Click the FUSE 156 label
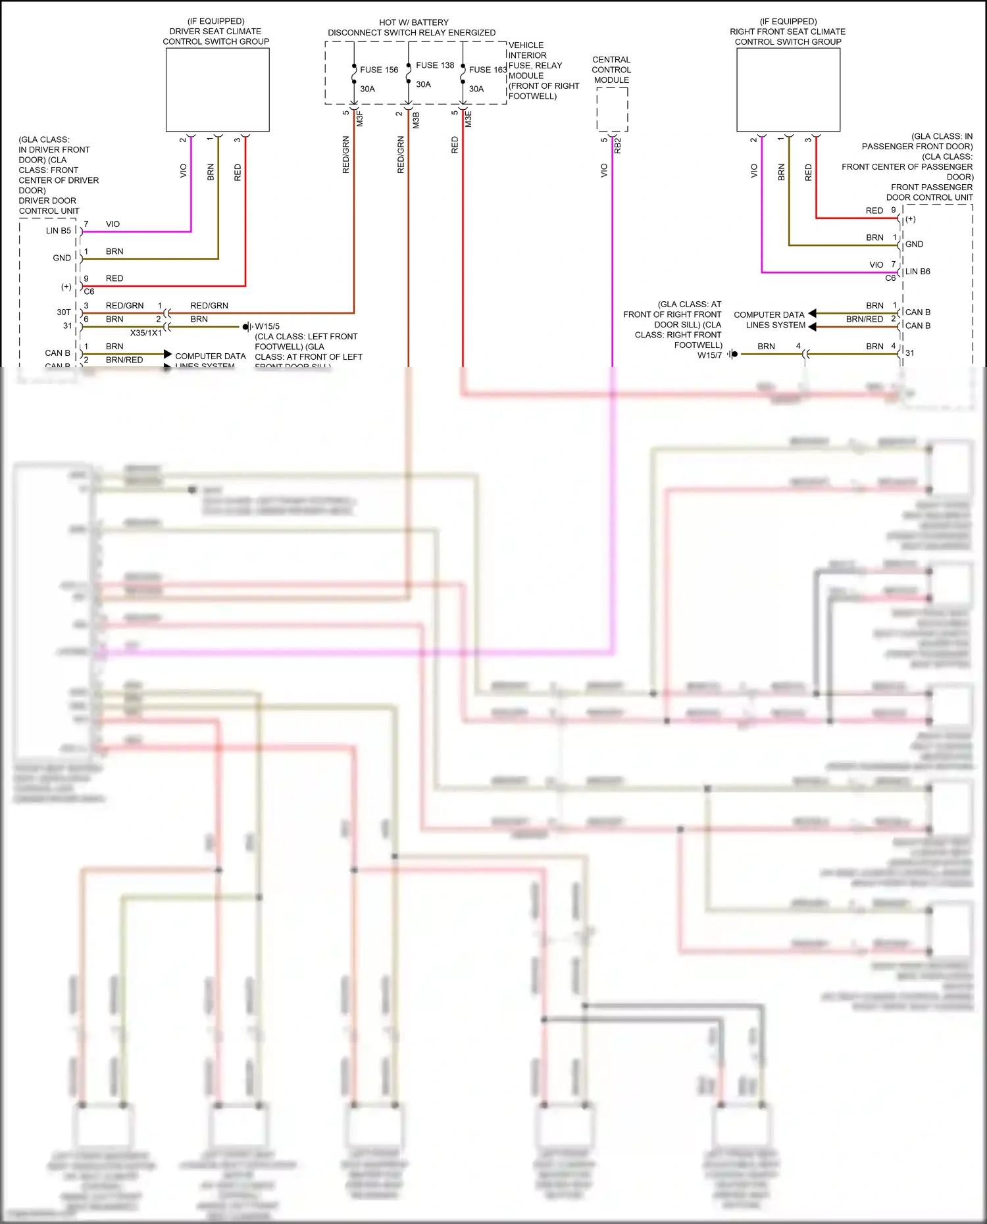[x=379, y=70]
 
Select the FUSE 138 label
[x=435, y=65]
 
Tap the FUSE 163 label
[x=488, y=70]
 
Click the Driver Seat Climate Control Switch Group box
[x=217, y=90]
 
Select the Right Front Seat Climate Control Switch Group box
[x=788, y=90]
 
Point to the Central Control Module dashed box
[x=612, y=109]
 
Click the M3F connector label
[x=360, y=119]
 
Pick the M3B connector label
[x=416, y=120]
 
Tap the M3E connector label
[x=468, y=119]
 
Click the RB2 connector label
[x=618, y=146]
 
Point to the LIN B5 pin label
[x=59, y=231]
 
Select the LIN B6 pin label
[x=917, y=272]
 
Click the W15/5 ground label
[x=267, y=326]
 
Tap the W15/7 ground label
[x=709, y=355]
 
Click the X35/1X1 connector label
[x=146, y=333]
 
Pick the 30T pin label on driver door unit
[x=64, y=312]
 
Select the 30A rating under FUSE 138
[x=423, y=84]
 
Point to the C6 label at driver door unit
[x=89, y=291]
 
